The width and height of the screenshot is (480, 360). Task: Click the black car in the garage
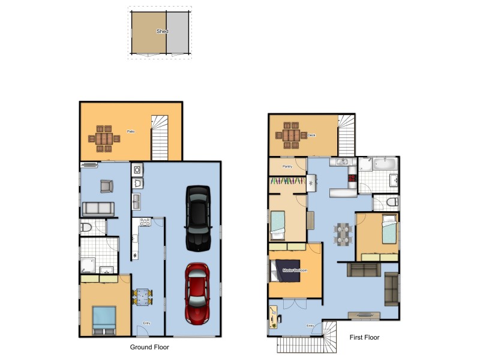tap(198, 218)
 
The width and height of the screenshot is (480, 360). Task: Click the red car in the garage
tap(197, 293)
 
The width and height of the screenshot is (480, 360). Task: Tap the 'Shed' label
tap(162, 31)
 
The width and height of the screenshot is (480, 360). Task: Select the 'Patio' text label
tap(130, 131)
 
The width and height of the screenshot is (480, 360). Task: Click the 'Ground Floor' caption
tap(149, 347)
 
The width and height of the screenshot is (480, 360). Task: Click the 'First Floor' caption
tap(364, 337)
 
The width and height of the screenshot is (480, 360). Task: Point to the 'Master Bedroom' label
tap(295, 271)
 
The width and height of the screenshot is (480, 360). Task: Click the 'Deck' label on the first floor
tap(311, 136)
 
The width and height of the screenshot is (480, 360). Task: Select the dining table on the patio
tap(104, 137)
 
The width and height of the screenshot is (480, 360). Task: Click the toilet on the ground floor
tap(86, 227)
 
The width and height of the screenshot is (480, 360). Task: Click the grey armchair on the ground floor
tap(106, 186)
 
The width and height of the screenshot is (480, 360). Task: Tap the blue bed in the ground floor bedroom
tap(104, 318)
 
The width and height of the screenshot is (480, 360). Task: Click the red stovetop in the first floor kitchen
tap(353, 178)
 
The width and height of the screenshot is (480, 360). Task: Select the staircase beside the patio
tap(161, 138)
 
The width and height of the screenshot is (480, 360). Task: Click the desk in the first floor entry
tap(274, 317)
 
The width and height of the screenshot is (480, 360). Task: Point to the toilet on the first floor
tap(391, 202)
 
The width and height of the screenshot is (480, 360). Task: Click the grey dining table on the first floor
tap(342, 234)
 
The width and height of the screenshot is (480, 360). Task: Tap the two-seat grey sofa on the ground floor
tap(98, 209)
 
